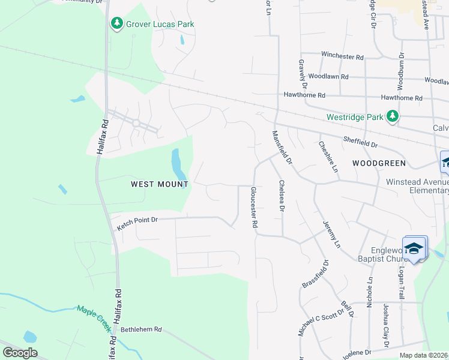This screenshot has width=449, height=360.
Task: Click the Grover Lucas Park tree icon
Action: coord(116,24)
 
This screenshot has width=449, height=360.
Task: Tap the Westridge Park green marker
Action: coord(393,116)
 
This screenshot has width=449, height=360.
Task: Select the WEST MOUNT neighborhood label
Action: coord(160,185)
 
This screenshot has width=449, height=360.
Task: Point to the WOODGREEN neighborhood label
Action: coord(379,163)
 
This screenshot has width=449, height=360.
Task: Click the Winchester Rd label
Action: coord(342,57)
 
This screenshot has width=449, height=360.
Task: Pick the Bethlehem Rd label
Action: coord(142,329)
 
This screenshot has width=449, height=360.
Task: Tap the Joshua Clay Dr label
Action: coord(387,325)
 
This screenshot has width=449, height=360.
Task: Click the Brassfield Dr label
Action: coord(316,273)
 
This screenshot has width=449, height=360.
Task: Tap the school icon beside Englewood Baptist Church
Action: coord(414,248)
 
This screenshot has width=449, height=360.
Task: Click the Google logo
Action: coord(20,353)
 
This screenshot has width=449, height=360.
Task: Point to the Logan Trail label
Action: coord(400,281)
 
